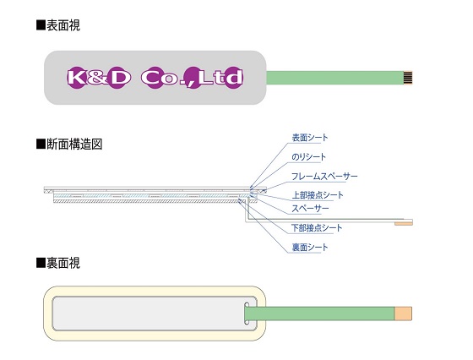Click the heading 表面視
pos(63,25)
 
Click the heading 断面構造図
pos(74,145)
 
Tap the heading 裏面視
pos(63,263)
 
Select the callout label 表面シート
pos(310,138)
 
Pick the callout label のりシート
pos(308,157)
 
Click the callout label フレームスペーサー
pos(324,177)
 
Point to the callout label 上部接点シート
pos(318,195)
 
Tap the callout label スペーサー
pos(310,209)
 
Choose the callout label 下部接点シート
pos(317,228)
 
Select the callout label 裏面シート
pos(310,248)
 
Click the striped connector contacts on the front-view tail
pos(408,78)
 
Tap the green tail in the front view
pos(335,78)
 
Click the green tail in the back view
pos(320,314)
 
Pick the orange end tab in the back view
pos(404,314)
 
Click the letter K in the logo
pos(75,78)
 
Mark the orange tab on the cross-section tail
pos(404,224)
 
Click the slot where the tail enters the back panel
pos(247,314)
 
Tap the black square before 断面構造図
pos(41,145)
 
